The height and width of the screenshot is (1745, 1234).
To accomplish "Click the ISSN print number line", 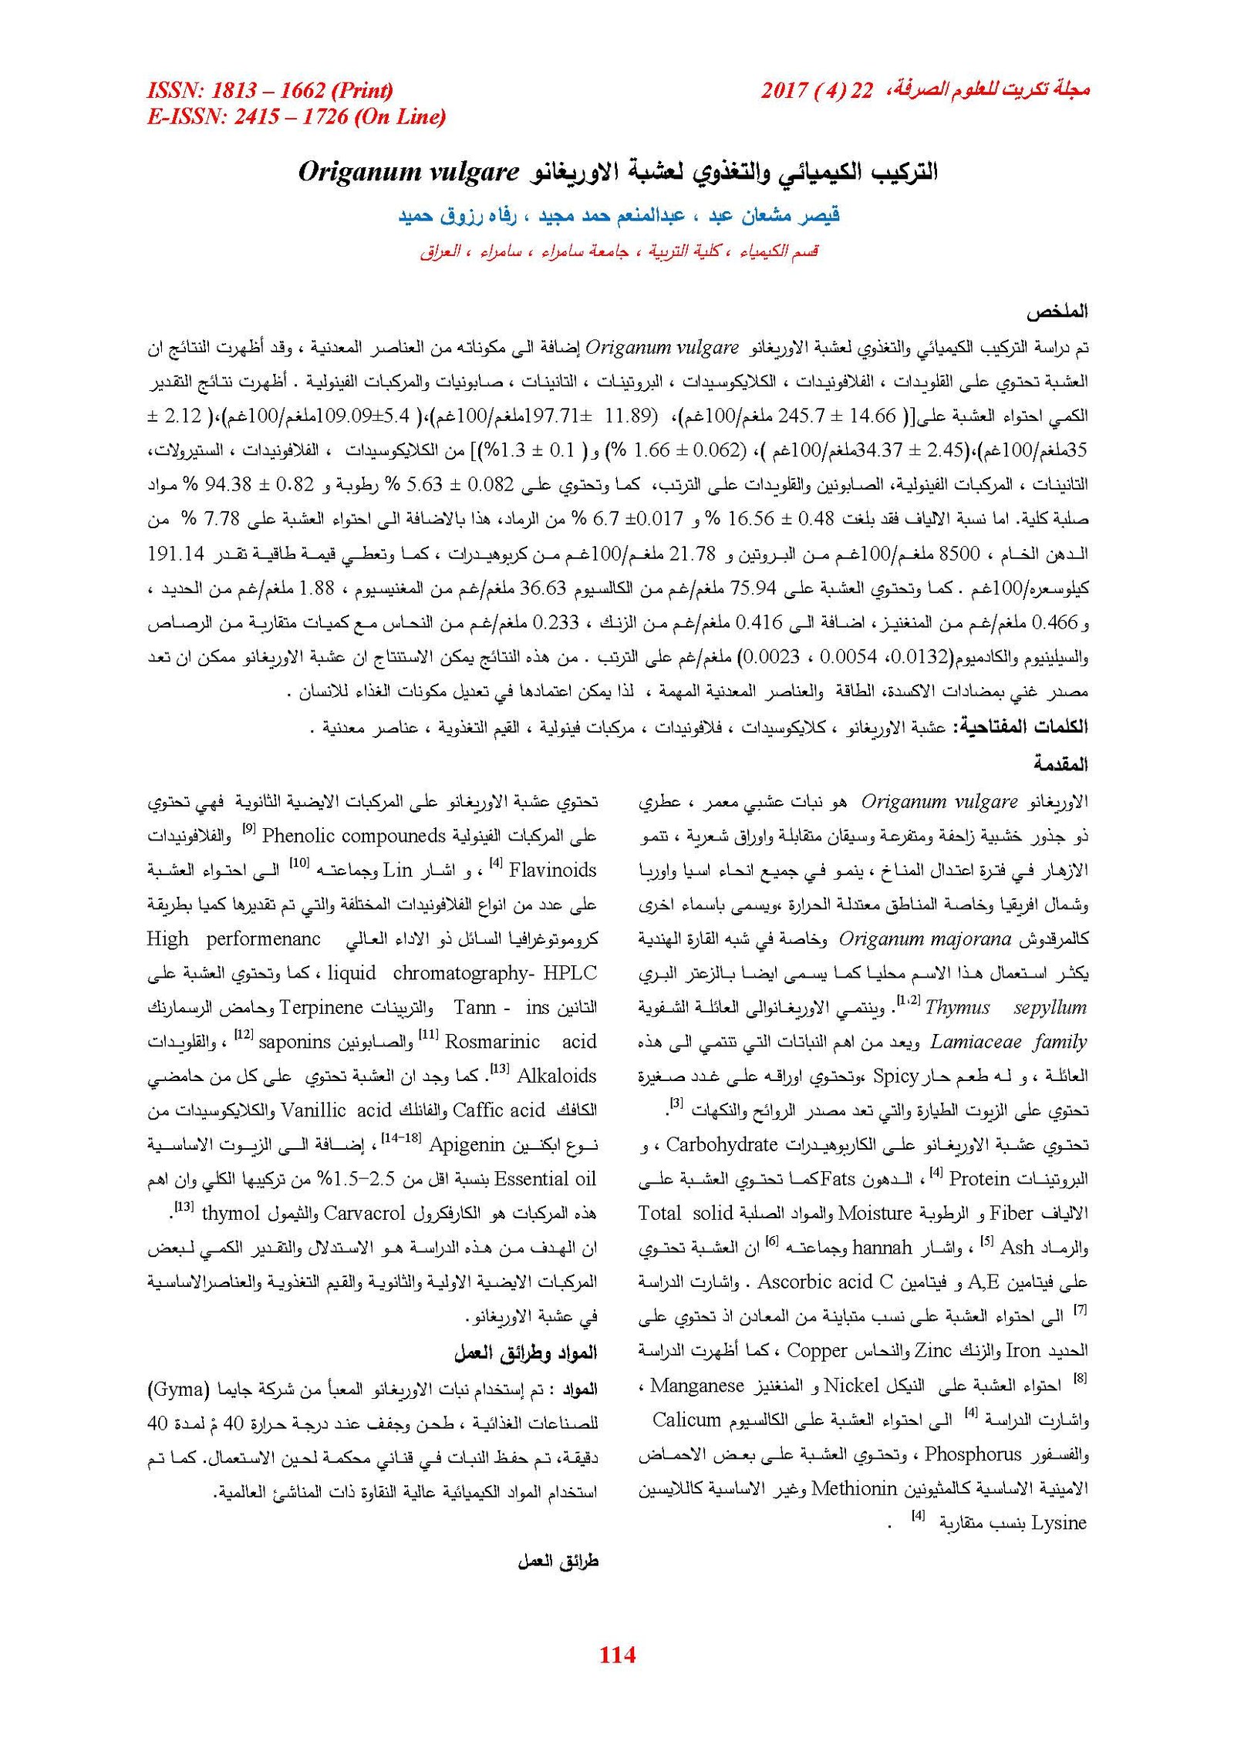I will [x=270, y=90].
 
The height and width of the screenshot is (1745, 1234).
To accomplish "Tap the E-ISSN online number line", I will [x=296, y=116].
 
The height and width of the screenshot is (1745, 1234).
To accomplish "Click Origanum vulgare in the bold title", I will [x=408, y=171].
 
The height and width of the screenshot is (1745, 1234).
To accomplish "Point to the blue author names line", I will [x=619, y=215].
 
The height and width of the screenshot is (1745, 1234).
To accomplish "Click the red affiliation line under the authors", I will [x=619, y=251].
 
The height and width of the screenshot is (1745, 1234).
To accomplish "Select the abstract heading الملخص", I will [x=1056, y=312].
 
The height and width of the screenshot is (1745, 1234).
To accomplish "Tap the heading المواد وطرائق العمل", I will [x=525, y=1353].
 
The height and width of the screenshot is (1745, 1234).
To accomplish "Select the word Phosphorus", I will [x=973, y=1454].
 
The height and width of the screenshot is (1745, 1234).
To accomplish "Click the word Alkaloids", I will [x=556, y=1076].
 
